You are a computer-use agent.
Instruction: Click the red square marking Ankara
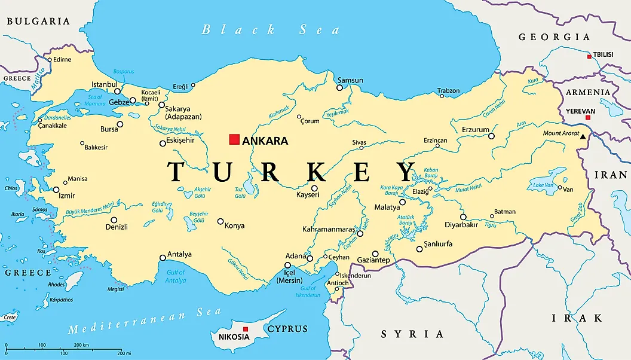click(x=234, y=140)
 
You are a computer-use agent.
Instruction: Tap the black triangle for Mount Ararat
click(x=583, y=138)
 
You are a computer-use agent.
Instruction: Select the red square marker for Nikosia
click(x=245, y=329)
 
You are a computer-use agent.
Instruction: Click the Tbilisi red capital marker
click(x=589, y=56)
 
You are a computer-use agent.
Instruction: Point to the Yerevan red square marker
click(x=588, y=118)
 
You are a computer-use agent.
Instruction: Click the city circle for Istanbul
click(x=117, y=91)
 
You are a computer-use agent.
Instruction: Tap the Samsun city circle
click(x=339, y=87)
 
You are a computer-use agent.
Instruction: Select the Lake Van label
click(x=544, y=185)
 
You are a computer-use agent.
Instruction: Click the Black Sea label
click(x=271, y=30)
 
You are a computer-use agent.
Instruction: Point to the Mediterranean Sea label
click(x=144, y=321)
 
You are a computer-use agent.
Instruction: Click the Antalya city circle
click(x=163, y=258)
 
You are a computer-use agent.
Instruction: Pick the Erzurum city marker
click(x=491, y=136)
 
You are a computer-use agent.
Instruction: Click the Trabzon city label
click(x=448, y=91)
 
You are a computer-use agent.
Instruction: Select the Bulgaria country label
click(x=38, y=21)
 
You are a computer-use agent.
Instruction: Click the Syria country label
click(x=412, y=334)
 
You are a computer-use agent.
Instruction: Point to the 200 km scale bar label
click(x=81, y=345)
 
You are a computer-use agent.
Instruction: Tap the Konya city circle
click(x=220, y=221)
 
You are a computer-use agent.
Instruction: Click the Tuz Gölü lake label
click(x=240, y=193)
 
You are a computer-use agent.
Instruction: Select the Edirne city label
click(x=62, y=59)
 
